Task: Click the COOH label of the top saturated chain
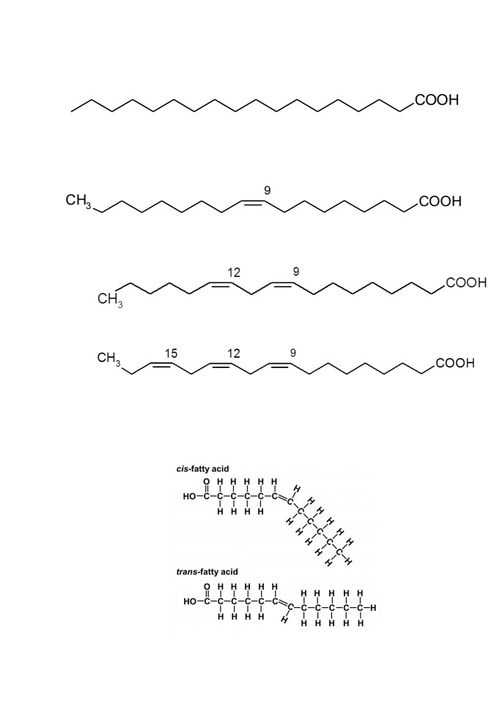(x=437, y=100)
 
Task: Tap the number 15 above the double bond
(x=171, y=353)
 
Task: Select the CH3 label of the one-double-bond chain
(x=78, y=201)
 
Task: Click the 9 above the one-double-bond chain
(x=267, y=191)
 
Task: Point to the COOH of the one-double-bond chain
(x=440, y=201)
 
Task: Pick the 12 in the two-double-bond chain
(x=233, y=272)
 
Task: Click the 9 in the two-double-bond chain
(x=296, y=271)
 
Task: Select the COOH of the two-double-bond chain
(x=465, y=282)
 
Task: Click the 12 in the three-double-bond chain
(x=233, y=353)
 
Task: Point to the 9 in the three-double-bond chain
(x=292, y=353)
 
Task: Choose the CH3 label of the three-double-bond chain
(x=110, y=359)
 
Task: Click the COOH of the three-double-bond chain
(x=454, y=363)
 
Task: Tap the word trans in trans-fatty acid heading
(x=186, y=571)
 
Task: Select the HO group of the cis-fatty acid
(x=189, y=497)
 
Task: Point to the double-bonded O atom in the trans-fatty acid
(x=207, y=587)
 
